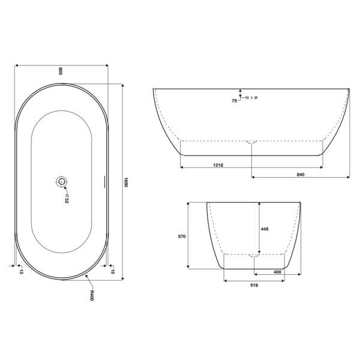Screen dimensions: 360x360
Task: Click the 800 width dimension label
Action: pos(61,71)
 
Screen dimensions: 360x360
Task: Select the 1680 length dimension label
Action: pos(126,182)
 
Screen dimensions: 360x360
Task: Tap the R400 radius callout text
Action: pos(92,295)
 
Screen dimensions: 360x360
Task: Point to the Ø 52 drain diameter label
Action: pos(67,199)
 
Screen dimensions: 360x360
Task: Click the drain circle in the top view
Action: pos(61,182)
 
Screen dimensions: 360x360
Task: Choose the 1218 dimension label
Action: pos(218,165)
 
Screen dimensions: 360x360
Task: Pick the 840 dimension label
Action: pos(301,175)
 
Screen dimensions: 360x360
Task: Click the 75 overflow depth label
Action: pos(234,101)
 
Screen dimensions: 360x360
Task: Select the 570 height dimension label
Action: pos(182,236)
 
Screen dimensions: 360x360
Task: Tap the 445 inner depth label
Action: pos(265,229)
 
